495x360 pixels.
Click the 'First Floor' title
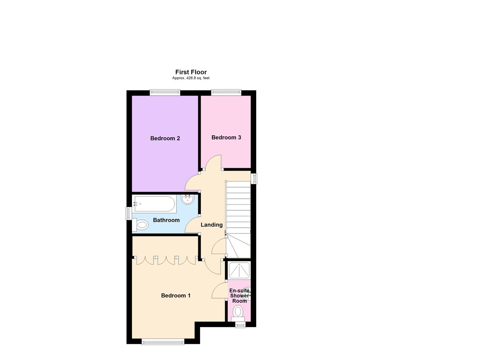click(x=191, y=72)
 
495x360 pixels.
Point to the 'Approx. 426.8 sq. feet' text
click(x=191, y=78)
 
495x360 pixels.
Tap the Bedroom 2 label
click(x=165, y=139)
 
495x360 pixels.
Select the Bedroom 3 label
click(x=226, y=137)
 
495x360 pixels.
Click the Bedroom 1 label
click(x=176, y=296)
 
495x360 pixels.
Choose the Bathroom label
click(x=166, y=220)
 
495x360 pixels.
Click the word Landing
click(x=212, y=225)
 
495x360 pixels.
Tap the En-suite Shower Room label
click(x=239, y=296)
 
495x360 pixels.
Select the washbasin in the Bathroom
click(x=188, y=200)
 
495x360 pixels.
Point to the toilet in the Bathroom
click(x=140, y=225)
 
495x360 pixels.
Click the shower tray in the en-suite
click(x=239, y=270)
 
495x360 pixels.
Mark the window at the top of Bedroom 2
click(x=165, y=93)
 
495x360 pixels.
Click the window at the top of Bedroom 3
click(x=226, y=93)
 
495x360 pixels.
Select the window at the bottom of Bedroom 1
click(x=163, y=341)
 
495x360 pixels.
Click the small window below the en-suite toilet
click(x=240, y=325)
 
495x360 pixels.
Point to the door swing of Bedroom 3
click(x=214, y=161)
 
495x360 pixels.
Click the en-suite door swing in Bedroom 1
click(x=219, y=290)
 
